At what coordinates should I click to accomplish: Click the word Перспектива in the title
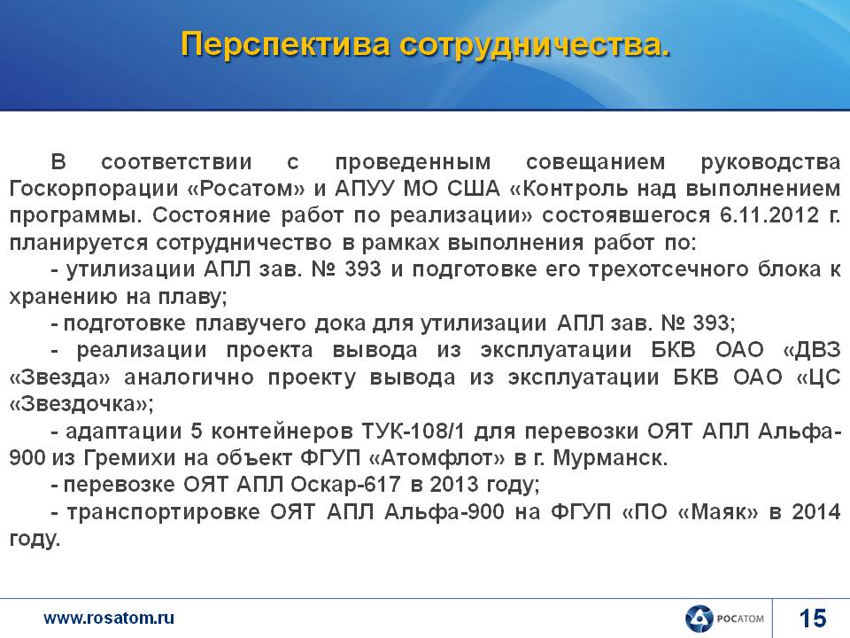tap(285, 44)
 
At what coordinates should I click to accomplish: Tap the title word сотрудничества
tap(536, 44)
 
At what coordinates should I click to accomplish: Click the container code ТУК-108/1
tap(413, 432)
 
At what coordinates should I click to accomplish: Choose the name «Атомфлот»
tap(437, 458)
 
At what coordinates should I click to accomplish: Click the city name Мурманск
tap(610, 459)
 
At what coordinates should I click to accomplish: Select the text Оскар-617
tap(344, 485)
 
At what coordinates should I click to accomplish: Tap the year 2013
tap(454, 485)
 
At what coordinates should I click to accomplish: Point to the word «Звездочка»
tap(81, 404)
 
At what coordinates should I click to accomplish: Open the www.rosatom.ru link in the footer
tap(109, 618)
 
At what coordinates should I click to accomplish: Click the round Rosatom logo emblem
tap(699, 619)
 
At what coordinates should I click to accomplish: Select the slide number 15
tap(813, 619)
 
